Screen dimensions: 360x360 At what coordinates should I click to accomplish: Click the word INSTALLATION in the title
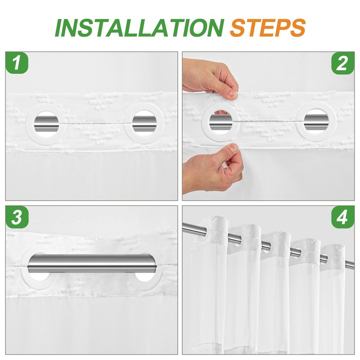point(139,28)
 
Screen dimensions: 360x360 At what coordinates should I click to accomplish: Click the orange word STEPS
point(267,28)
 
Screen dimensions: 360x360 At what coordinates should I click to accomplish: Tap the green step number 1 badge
point(17,63)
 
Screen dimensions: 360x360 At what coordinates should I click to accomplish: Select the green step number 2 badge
point(343,63)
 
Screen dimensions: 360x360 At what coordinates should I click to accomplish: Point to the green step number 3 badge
point(17,217)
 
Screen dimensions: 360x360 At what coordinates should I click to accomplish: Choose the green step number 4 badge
point(342,217)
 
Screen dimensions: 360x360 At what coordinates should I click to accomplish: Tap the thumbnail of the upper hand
point(233,94)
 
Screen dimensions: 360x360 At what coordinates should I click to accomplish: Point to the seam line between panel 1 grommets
point(95,123)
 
